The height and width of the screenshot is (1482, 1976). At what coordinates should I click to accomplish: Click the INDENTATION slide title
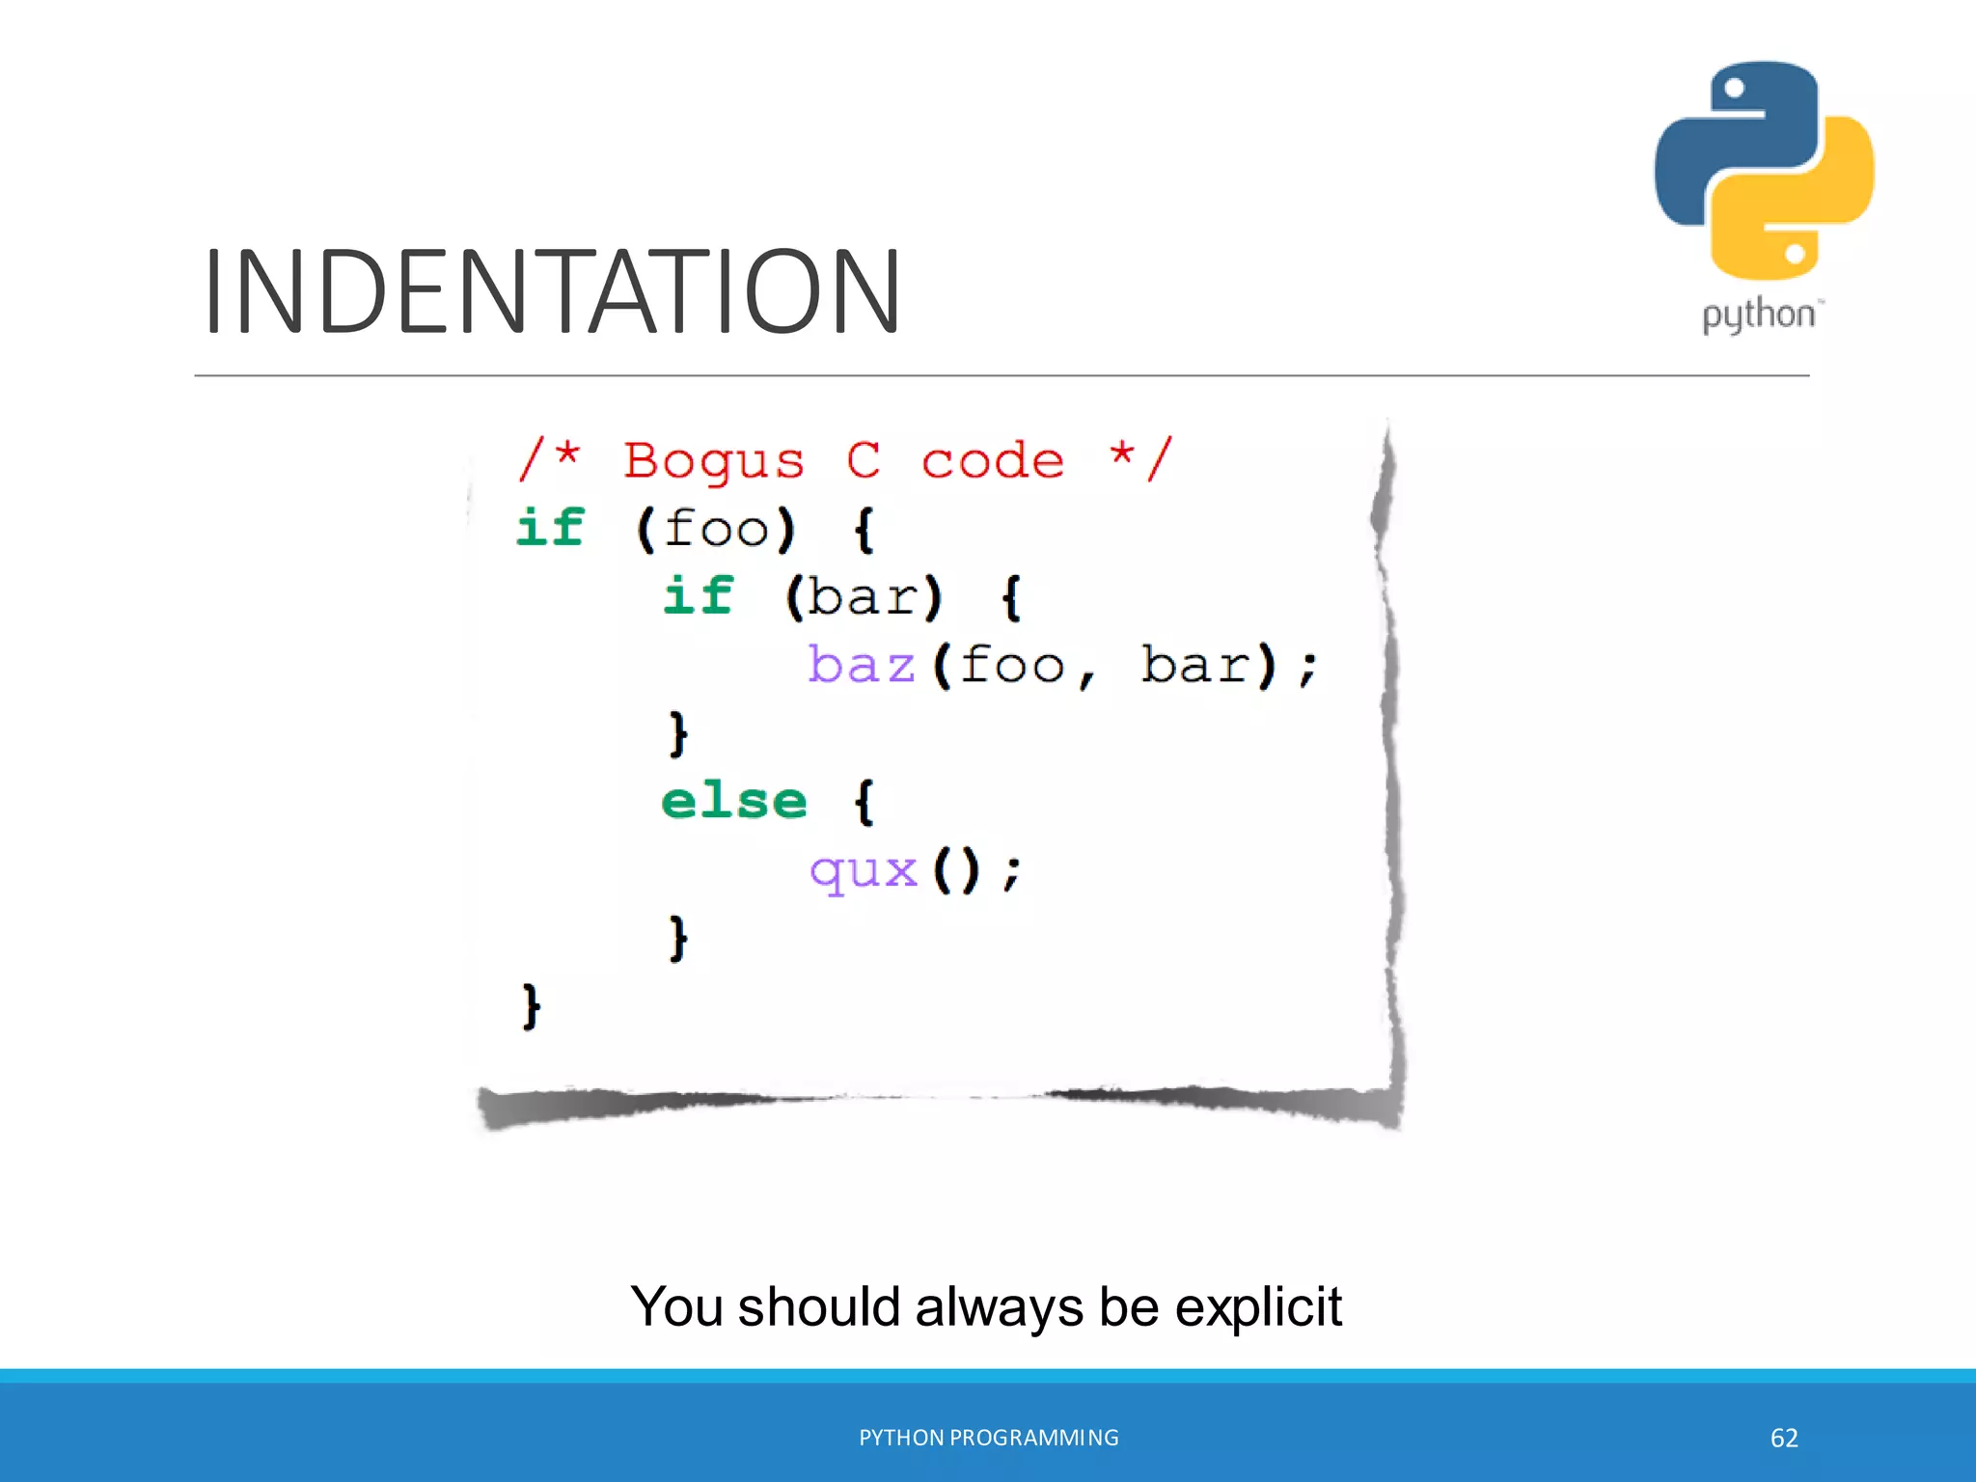[x=552, y=291]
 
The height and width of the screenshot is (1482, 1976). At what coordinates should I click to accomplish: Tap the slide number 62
[x=1784, y=1438]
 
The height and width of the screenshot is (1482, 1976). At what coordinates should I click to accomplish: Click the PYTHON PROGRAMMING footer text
[x=988, y=1438]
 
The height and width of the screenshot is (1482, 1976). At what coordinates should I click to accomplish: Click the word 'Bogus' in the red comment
[x=713, y=462]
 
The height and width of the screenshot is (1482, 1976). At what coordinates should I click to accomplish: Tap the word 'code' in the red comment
[x=992, y=462]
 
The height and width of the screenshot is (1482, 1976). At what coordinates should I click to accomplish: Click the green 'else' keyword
[x=733, y=801]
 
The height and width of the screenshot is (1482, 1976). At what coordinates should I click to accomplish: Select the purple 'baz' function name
[x=861, y=666]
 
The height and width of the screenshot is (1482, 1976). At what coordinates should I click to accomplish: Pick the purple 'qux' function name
[x=863, y=871]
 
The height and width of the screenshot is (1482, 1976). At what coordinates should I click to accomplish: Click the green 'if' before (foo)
[x=550, y=528]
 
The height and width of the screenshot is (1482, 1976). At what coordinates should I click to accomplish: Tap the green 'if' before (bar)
[x=698, y=595]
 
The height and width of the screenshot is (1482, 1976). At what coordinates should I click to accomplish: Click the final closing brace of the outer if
[x=531, y=1006]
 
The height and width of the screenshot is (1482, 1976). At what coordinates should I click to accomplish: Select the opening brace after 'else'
[x=864, y=802]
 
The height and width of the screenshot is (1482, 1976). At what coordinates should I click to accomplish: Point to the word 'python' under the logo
[x=1758, y=316]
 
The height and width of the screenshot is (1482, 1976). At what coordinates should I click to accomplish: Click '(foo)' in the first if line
[x=716, y=529]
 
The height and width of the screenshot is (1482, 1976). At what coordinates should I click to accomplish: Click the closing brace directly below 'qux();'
[x=678, y=938]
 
